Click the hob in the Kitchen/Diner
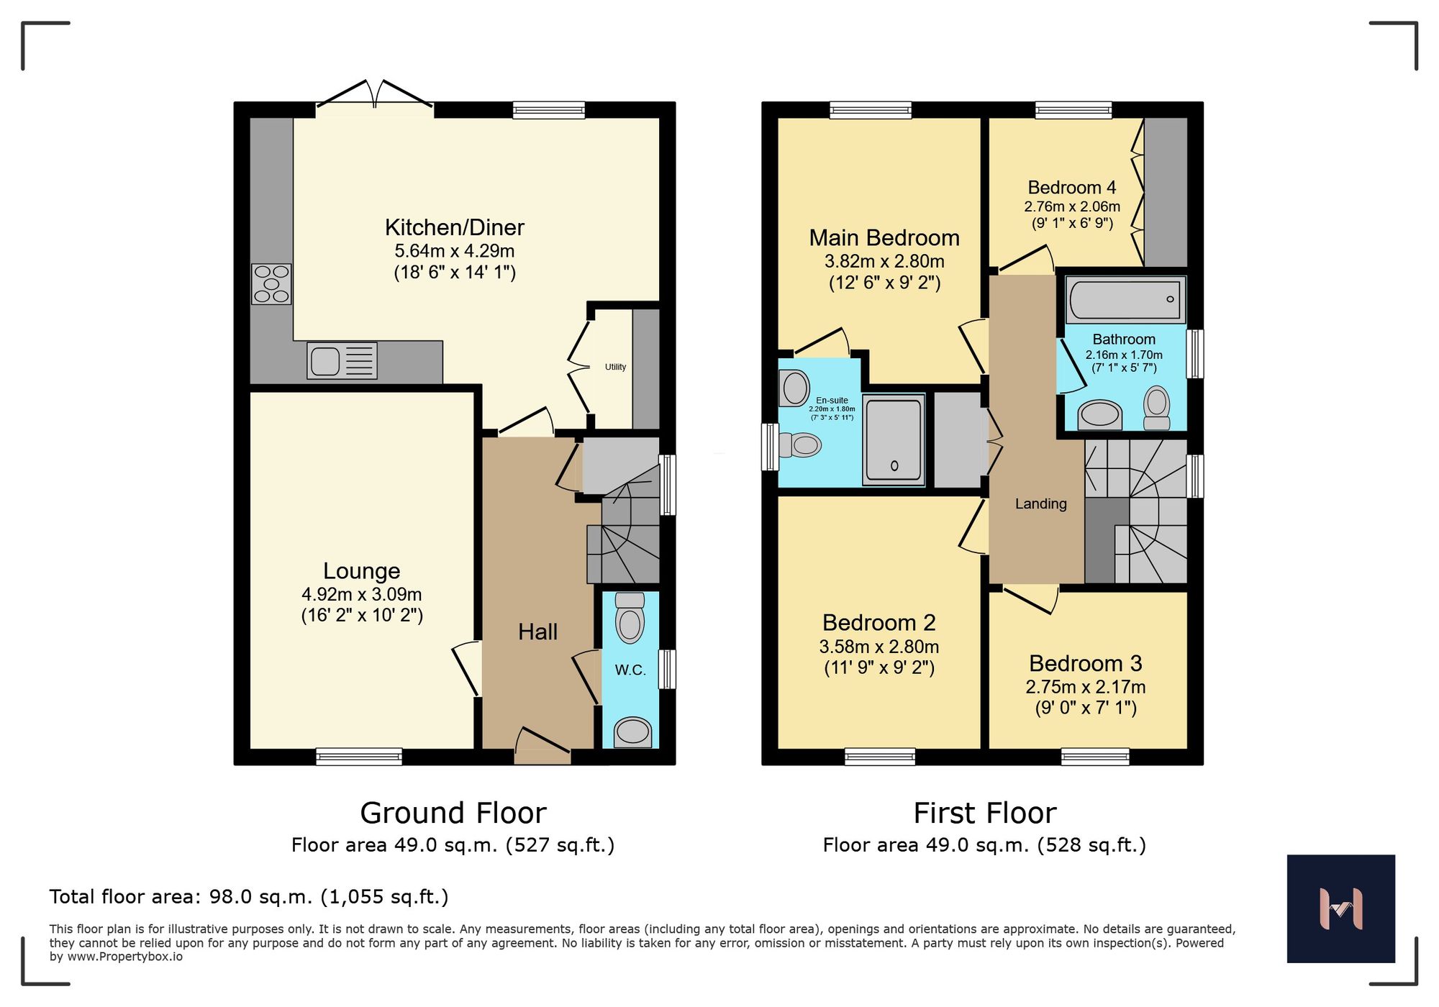[x=271, y=284]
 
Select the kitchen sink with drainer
[x=342, y=360]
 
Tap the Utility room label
[x=615, y=367]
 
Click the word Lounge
[x=361, y=571]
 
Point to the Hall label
[x=537, y=632]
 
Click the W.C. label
[x=630, y=670]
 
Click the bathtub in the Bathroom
[x=1126, y=300]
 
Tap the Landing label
[x=1040, y=504]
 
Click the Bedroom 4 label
[x=1071, y=188]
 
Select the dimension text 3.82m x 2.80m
[x=884, y=262]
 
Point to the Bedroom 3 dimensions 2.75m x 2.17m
[x=1085, y=687]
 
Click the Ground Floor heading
[x=453, y=814]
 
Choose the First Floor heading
[x=984, y=814]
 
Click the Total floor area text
[x=249, y=897]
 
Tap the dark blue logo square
[x=1340, y=908]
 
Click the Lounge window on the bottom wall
[x=359, y=756]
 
